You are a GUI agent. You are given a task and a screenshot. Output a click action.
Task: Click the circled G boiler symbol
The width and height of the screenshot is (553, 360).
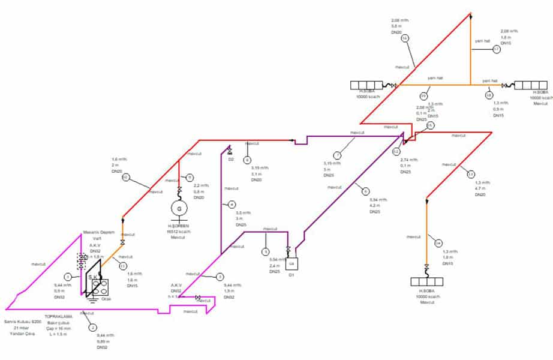coord(178,208)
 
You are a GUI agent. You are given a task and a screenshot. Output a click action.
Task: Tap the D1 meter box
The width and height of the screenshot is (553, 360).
coord(292,262)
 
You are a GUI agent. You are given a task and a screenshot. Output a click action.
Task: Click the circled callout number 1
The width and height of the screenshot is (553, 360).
coord(68,277)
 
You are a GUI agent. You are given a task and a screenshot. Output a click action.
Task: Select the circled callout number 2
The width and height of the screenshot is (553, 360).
coord(92,328)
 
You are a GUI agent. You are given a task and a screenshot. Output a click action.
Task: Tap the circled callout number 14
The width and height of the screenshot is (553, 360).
coord(438,243)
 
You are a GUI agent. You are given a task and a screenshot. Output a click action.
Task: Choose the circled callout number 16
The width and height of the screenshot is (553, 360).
coord(405,38)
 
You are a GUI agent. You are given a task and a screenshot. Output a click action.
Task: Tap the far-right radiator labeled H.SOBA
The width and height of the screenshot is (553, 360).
coord(527,85)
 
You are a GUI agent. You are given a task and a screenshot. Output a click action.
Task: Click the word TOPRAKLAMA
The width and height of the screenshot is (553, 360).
coord(58,316)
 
